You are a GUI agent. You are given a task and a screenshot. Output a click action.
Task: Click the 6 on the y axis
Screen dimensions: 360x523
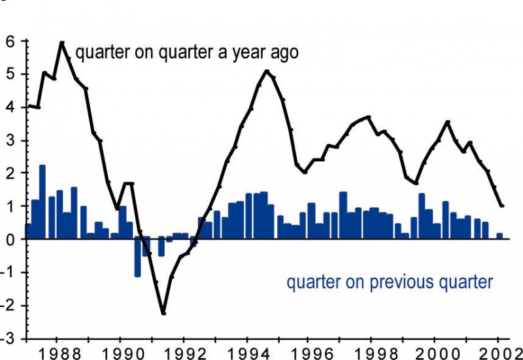[x=10, y=41]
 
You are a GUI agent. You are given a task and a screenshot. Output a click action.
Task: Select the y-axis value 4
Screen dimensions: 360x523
[x=10, y=107]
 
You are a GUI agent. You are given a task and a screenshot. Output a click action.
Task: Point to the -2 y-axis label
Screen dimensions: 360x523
[x=8, y=306]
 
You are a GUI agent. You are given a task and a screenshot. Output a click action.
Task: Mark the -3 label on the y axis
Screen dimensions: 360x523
[x=8, y=339]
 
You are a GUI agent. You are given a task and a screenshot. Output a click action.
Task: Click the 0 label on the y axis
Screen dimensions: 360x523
[x=10, y=240]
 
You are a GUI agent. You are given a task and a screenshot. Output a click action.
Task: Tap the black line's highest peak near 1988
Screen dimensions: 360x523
[x=62, y=42]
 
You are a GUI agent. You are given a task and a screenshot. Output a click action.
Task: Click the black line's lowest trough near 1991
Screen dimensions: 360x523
[x=163, y=314]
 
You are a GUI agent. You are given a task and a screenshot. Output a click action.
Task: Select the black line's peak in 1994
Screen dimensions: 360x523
[x=267, y=71]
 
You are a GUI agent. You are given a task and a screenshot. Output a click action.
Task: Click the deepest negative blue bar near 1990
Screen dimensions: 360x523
[x=138, y=257]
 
